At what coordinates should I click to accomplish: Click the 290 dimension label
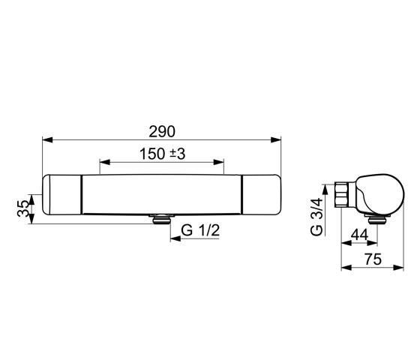pos(162,131)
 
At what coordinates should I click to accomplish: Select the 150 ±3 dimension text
pos(163,154)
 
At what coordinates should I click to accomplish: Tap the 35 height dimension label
pos(22,208)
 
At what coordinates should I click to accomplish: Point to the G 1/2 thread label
pos(200,230)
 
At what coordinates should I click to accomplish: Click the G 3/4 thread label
pos(316,217)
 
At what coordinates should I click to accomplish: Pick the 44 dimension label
pos(359,235)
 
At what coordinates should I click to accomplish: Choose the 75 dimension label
pos(373,259)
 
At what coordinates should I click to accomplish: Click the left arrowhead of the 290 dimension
pos(47,139)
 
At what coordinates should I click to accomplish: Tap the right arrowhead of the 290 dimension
pos(276,139)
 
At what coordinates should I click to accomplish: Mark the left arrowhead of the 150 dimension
pos(105,162)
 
